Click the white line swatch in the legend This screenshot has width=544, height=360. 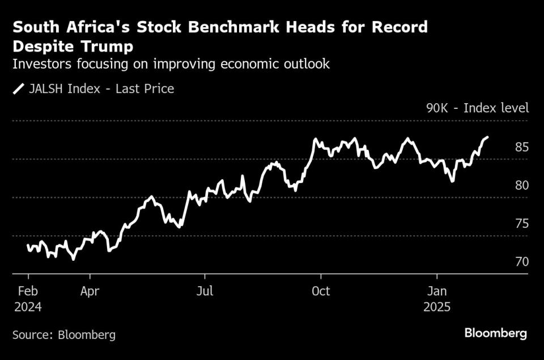[19, 88]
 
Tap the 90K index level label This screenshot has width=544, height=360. [477, 108]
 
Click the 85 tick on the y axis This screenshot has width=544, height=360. [522, 147]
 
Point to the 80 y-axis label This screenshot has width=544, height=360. [522, 185]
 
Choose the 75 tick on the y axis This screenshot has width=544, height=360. [522, 223]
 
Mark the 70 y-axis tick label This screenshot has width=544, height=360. [522, 262]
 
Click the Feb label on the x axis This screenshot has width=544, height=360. [27, 291]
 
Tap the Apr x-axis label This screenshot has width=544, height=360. [90, 291]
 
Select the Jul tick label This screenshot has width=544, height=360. [205, 291]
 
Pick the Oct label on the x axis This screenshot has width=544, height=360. [321, 291]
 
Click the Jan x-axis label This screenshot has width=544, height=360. [437, 291]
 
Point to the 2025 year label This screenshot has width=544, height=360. [437, 307]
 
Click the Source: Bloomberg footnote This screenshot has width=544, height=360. [64, 334]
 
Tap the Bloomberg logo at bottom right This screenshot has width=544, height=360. [496, 333]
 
